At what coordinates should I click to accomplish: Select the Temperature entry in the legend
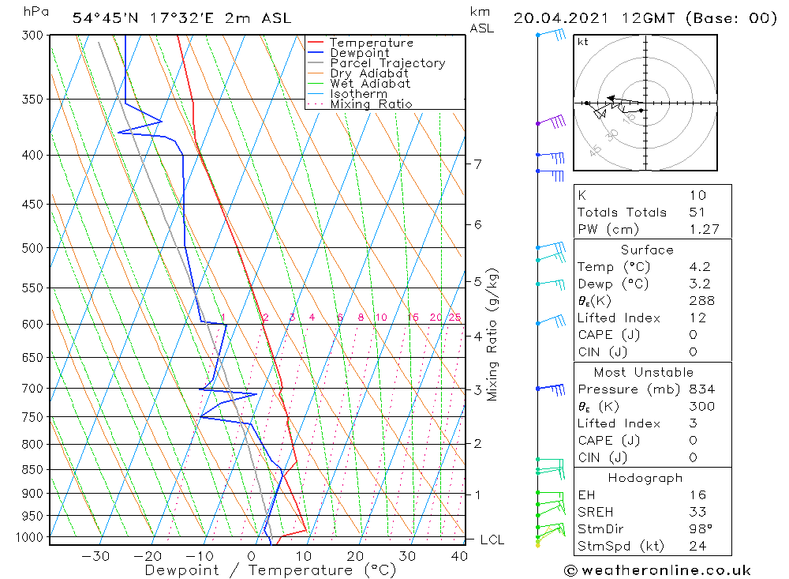(370, 43)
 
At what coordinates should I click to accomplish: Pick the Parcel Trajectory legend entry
(387, 63)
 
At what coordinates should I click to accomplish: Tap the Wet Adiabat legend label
(369, 84)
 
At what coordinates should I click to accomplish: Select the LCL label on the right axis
(492, 540)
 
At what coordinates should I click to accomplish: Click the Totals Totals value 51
(697, 212)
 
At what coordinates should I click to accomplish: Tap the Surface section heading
(647, 250)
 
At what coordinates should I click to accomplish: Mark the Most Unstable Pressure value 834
(701, 389)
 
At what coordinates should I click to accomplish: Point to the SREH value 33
(697, 512)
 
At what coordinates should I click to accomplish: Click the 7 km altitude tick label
(478, 164)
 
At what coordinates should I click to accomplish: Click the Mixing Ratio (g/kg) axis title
(493, 334)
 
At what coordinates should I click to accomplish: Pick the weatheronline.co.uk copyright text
(657, 570)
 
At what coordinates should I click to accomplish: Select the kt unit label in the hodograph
(583, 42)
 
